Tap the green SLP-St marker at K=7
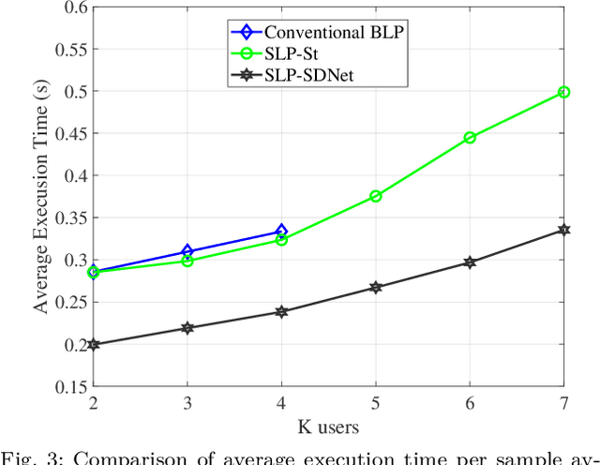pos(563,92)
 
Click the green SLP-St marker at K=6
pos(470,138)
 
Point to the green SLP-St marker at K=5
pos(375,196)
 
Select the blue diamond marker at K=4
pos(281,231)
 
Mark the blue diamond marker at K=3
pos(187,251)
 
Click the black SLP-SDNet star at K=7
pos(563,230)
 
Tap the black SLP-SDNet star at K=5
pos(375,287)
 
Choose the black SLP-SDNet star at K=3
pos(187,328)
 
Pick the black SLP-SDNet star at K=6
pos(470,262)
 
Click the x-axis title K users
pos(328,427)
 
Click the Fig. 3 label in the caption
pos(28,457)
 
